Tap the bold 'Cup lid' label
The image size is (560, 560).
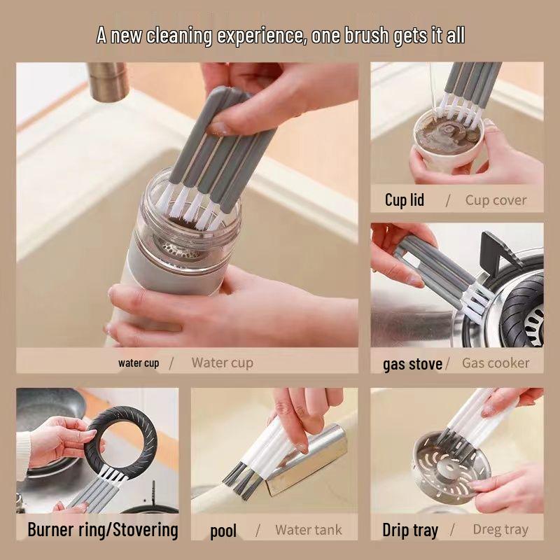405,200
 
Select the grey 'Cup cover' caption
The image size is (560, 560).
496,200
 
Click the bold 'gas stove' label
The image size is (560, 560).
412,364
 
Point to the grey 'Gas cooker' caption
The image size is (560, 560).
496,363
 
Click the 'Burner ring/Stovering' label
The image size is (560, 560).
103,529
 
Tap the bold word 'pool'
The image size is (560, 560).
223,531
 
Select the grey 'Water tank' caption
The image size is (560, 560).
308,530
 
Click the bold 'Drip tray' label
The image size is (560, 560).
410,530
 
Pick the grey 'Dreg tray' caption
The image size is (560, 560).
500,529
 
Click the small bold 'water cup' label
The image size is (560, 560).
139,363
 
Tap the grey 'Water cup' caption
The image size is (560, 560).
222,363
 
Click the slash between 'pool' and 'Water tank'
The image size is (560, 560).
258,530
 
